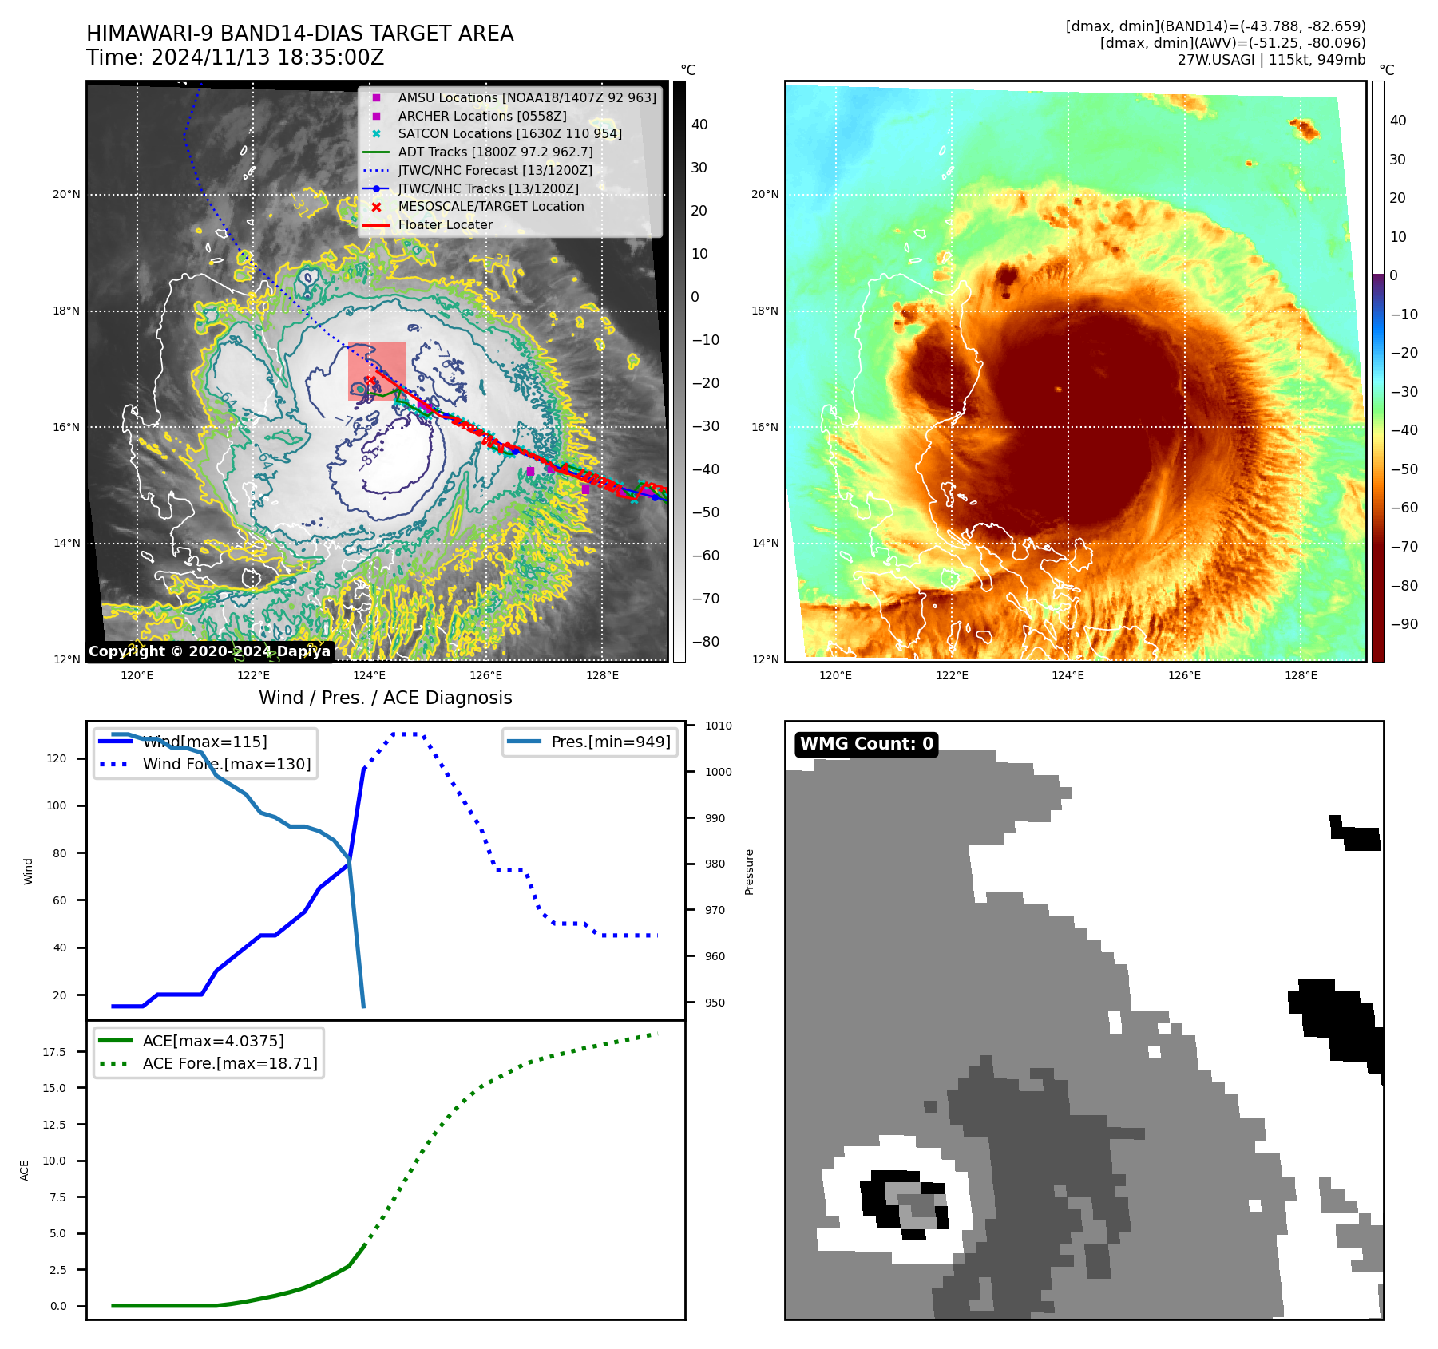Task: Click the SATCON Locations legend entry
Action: [509, 133]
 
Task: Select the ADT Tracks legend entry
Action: [495, 152]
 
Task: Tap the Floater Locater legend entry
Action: [445, 224]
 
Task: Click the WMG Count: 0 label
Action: [866, 744]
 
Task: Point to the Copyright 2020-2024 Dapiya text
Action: [209, 651]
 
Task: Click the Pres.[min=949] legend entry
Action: [610, 742]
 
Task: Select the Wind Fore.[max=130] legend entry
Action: [226, 764]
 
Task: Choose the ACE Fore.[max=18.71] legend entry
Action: [229, 1063]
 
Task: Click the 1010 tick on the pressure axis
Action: [719, 726]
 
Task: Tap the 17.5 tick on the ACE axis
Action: [54, 1052]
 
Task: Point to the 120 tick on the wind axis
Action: [57, 758]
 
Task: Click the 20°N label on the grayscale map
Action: [66, 194]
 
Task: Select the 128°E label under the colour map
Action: [1301, 675]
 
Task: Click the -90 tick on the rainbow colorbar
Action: [1404, 624]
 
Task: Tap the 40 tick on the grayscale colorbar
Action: [699, 125]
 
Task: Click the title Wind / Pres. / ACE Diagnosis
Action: [385, 698]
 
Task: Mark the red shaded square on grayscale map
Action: [377, 370]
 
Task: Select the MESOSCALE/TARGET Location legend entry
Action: [490, 206]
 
